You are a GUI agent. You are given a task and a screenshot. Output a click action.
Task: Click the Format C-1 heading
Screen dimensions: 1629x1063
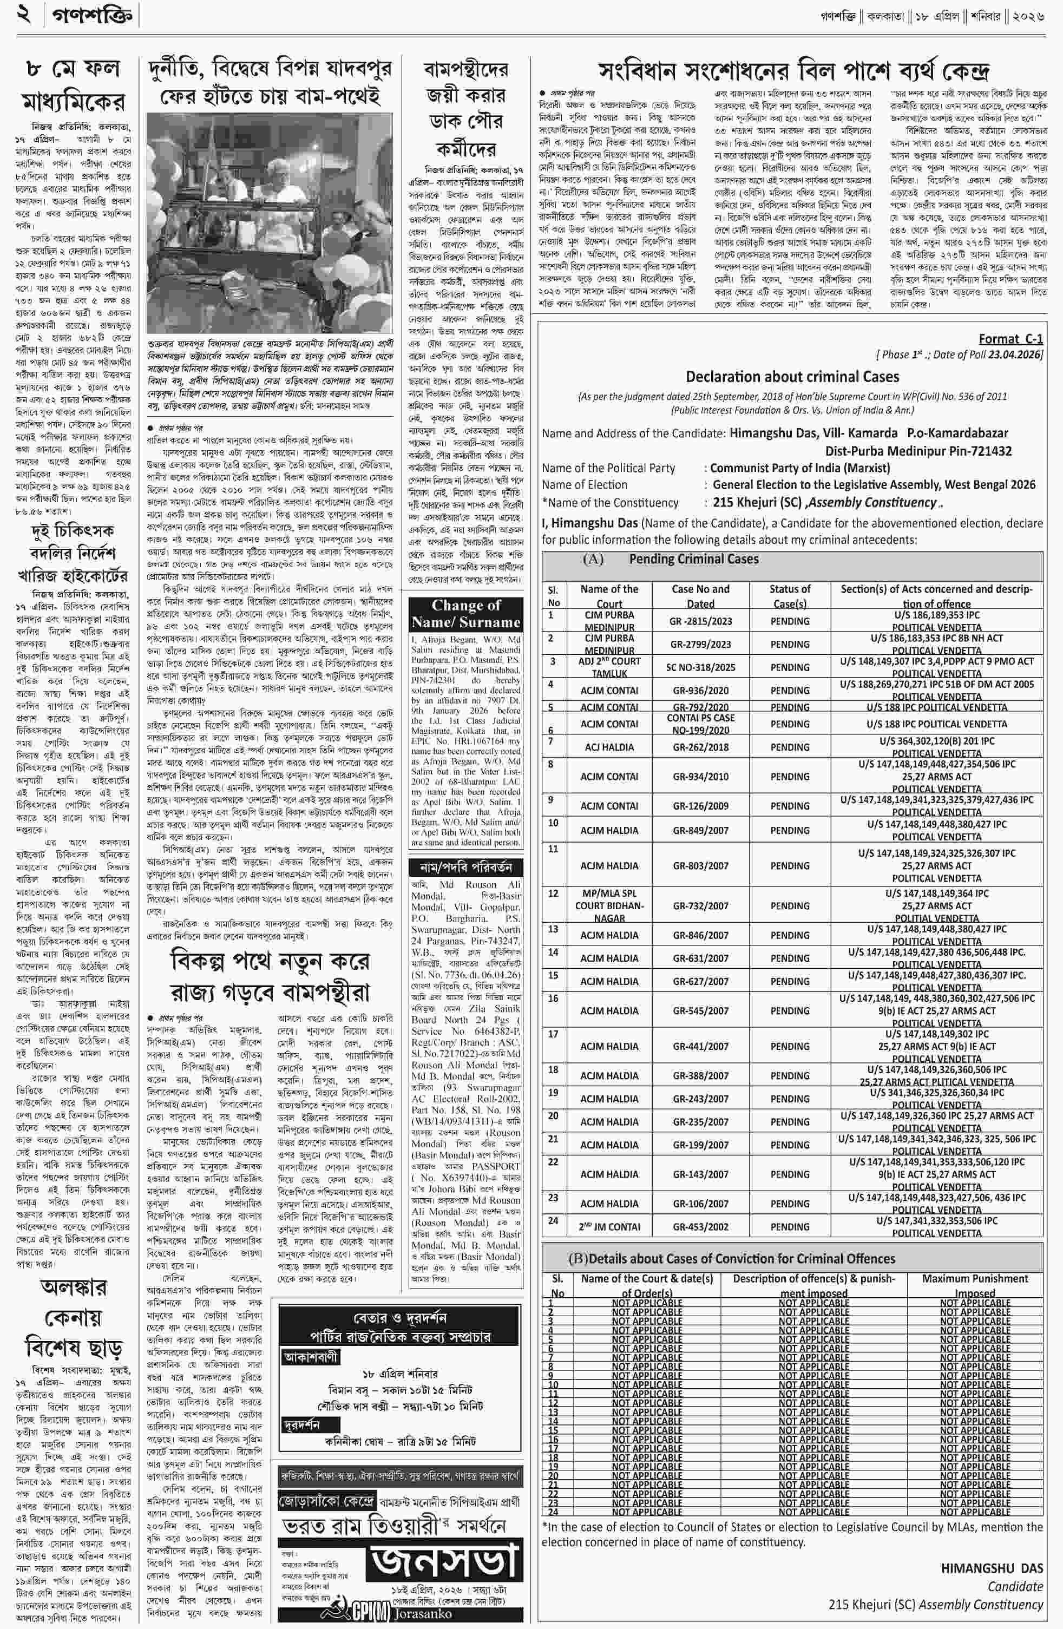tap(1010, 339)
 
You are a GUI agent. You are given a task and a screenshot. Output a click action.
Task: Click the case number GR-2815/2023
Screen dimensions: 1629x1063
tap(700, 621)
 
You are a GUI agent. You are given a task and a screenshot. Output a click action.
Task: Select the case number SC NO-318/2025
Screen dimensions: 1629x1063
tap(700, 667)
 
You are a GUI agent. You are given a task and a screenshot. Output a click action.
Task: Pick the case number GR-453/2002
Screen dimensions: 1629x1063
tap(700, 1226)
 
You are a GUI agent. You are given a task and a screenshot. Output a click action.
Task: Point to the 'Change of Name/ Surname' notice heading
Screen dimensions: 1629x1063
tap(465, 614)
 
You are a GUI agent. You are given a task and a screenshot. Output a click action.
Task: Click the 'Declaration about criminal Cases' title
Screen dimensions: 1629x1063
tap(792, 377)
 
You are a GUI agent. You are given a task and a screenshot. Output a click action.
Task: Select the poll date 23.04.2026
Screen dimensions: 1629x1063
tap(1015, 354)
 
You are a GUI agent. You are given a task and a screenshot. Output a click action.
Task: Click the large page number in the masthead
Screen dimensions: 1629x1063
tap(25, 15)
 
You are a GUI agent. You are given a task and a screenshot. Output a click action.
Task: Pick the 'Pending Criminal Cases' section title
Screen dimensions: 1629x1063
tap(693, 559)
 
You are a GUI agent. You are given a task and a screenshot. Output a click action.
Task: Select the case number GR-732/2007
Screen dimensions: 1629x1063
tap(700, 905)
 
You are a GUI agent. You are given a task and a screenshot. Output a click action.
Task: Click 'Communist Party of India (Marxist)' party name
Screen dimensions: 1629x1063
tap(799, 468)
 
